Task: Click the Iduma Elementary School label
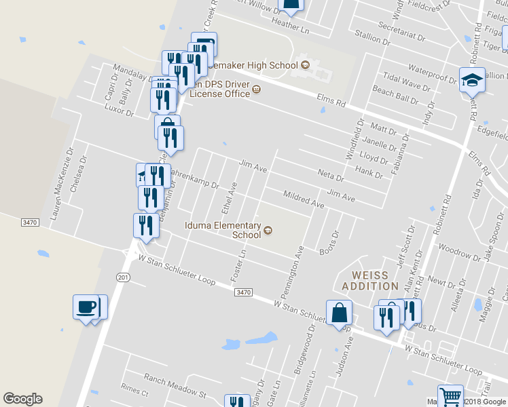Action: click(x=223, y=230)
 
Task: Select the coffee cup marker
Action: click(x=86, y=307)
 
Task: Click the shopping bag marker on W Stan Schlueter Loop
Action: click(x=339, y=313)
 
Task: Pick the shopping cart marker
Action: click(x=450, y=396)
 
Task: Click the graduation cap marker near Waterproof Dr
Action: click(x=471, y=81)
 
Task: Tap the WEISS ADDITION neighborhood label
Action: click(x=370, y=281)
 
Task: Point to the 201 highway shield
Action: click(x=123, y=277)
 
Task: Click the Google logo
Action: click(x=22, y=399)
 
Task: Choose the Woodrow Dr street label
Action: click(x=460, y=254)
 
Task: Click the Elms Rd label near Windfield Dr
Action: click(x=331, y=101)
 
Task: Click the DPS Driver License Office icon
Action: click(x=256, y=88)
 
